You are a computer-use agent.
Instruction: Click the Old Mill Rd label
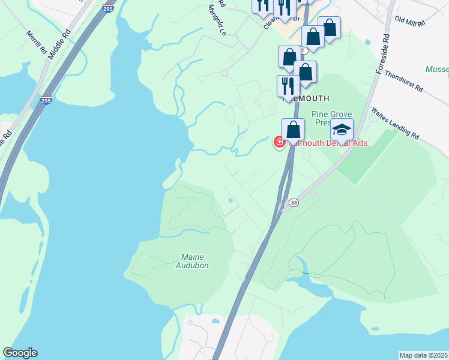click(x=410, y=20)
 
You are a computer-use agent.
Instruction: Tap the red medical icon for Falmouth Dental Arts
click(x=280, y=143)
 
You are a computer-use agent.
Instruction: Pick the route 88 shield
click(x=294, y=203)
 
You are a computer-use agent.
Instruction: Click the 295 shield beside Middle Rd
click(x=46, y=101)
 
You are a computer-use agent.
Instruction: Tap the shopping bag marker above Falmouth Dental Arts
click(x=293, y=130)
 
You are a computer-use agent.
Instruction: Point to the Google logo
click(x=20, y=353)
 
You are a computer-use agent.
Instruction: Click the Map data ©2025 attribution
click(x=423, y=355)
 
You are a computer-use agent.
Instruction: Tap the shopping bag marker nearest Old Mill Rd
click(x=330, y=27)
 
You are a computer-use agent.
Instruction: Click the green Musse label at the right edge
click(x=437, y=70)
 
